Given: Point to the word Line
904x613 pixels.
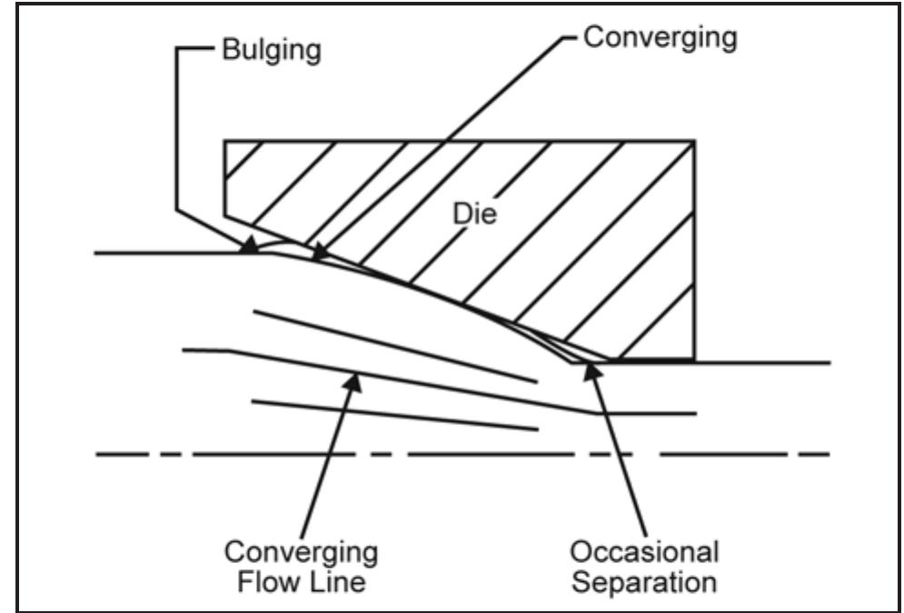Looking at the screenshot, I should tap(338, 579).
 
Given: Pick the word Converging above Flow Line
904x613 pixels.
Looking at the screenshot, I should tap(301, 551).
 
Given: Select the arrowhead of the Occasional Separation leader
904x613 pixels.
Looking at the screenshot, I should tap(592, 367).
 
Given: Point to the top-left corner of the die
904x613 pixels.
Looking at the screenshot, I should tap(225, 141).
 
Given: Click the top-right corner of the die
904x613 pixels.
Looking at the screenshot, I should tap(695, 141).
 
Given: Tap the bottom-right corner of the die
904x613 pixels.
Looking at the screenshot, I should tap(695, 360).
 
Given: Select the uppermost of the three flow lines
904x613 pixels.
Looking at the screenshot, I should tap(391, 346).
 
